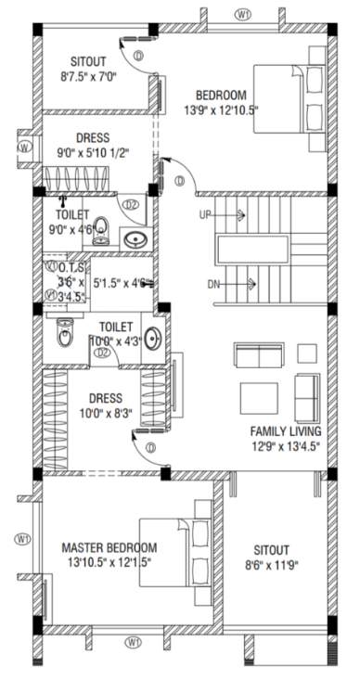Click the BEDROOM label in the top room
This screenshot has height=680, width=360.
[220, 96]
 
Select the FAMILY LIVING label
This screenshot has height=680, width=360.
[286, 432]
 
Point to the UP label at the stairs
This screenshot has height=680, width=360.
[206, 215]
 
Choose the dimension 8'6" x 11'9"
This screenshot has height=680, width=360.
[268, 563]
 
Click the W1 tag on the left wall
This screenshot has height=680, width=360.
[23, 538]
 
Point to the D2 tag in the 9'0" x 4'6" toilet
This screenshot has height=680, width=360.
[131, 204]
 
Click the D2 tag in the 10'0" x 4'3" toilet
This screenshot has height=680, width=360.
[104, 353]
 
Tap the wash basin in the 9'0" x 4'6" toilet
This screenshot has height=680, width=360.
[136, 238]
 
